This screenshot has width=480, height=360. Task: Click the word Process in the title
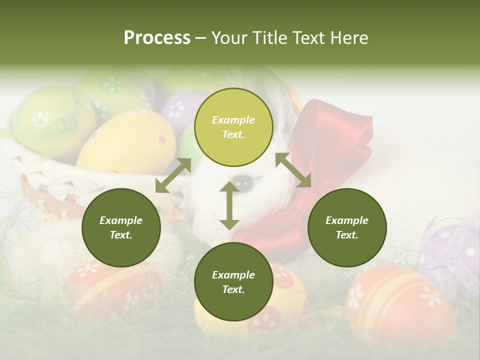[157, 38]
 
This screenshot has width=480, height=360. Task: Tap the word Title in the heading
[270, 38]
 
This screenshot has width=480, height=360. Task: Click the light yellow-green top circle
[233, 127]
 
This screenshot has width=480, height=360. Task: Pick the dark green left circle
[121, 227]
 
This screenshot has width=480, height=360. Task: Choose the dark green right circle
[347, 227]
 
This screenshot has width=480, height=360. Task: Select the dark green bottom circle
[233, 282]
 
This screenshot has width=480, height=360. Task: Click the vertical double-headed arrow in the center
[229, 205]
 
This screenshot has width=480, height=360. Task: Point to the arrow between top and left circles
[173, 175]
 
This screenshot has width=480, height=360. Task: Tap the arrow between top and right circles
[293, 170]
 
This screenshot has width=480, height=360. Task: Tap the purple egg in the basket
[177, 110]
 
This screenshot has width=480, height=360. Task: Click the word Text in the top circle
[233, 134]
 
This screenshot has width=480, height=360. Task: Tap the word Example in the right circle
[346, 220]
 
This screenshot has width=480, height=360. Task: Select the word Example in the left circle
[121, 220]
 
